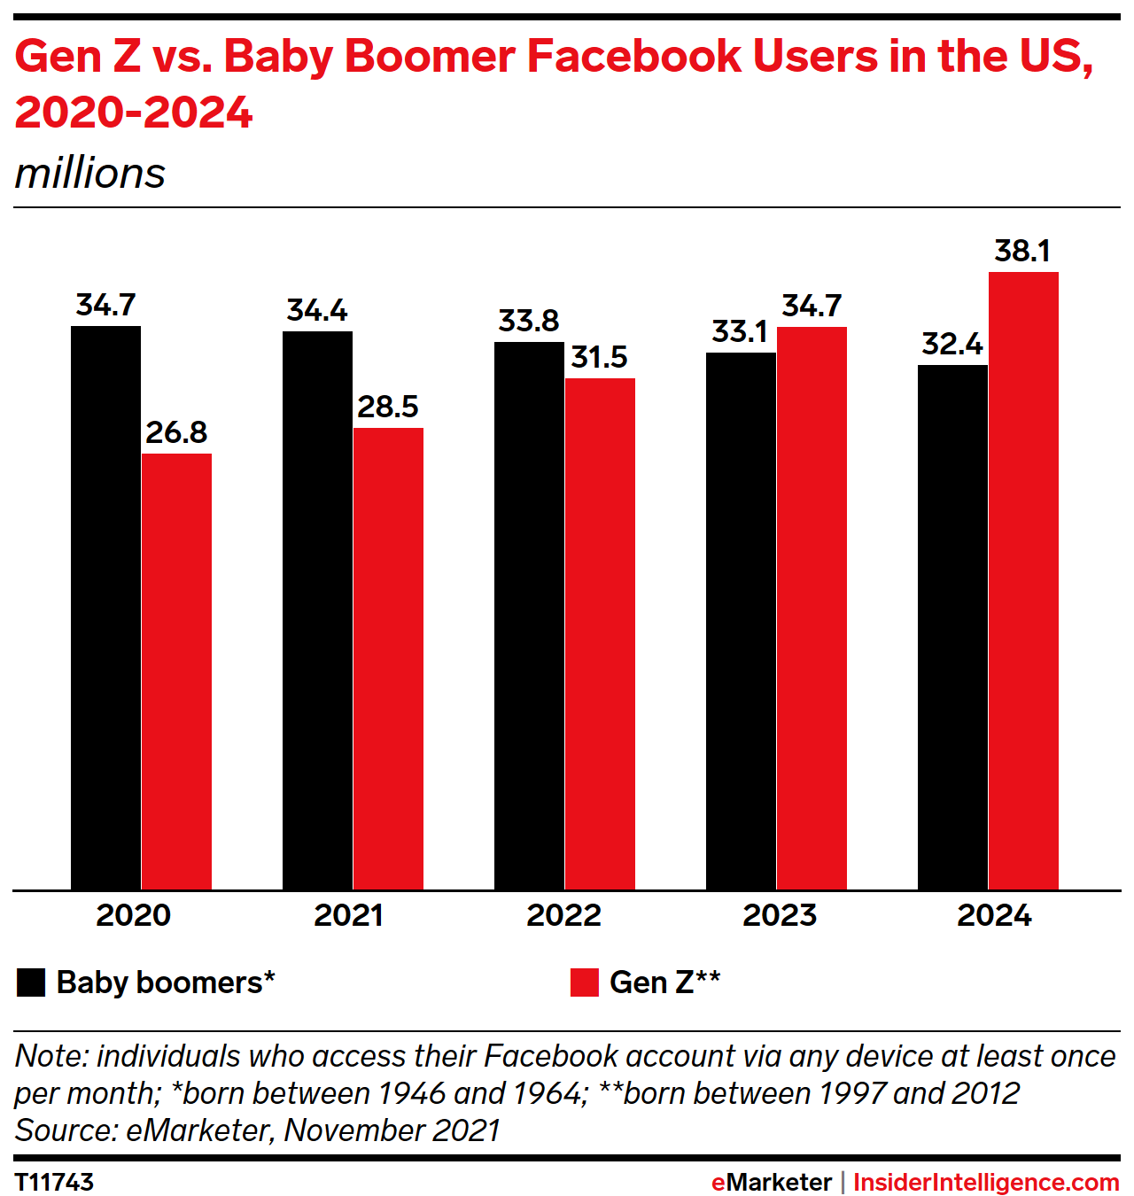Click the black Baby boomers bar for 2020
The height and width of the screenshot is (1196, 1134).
pos(105,608)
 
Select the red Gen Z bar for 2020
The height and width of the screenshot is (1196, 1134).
pos(176,672)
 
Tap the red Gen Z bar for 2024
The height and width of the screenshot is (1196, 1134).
pos(1023,580)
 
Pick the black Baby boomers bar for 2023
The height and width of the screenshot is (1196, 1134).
pos(741,621)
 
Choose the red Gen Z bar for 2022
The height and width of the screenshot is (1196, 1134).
pos(600,633)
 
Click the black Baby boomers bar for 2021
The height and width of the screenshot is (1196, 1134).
pos(317,610)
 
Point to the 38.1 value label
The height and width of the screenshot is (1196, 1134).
pos(1022,252)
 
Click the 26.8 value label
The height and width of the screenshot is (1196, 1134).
pos(176,432)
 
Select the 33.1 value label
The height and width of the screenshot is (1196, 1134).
pos(740,332)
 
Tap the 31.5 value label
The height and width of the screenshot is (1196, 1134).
pos(599,358)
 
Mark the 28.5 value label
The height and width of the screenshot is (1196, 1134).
pos(388,408)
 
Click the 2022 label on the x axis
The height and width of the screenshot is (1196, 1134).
pos(563,915)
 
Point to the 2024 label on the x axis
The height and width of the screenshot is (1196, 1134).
pos(994,915)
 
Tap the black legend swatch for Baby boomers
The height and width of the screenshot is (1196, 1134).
pos(31,982)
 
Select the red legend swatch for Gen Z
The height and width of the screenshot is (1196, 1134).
pos(585,982)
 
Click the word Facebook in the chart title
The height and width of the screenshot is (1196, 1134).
pos(633,57)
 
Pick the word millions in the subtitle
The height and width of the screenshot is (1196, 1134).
pos(90,174)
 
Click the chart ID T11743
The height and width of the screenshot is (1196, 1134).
pos(54,1182)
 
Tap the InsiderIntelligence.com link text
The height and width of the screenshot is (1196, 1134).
pos(986,1182)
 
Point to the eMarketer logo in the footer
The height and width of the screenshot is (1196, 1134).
pos(771,1182)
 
